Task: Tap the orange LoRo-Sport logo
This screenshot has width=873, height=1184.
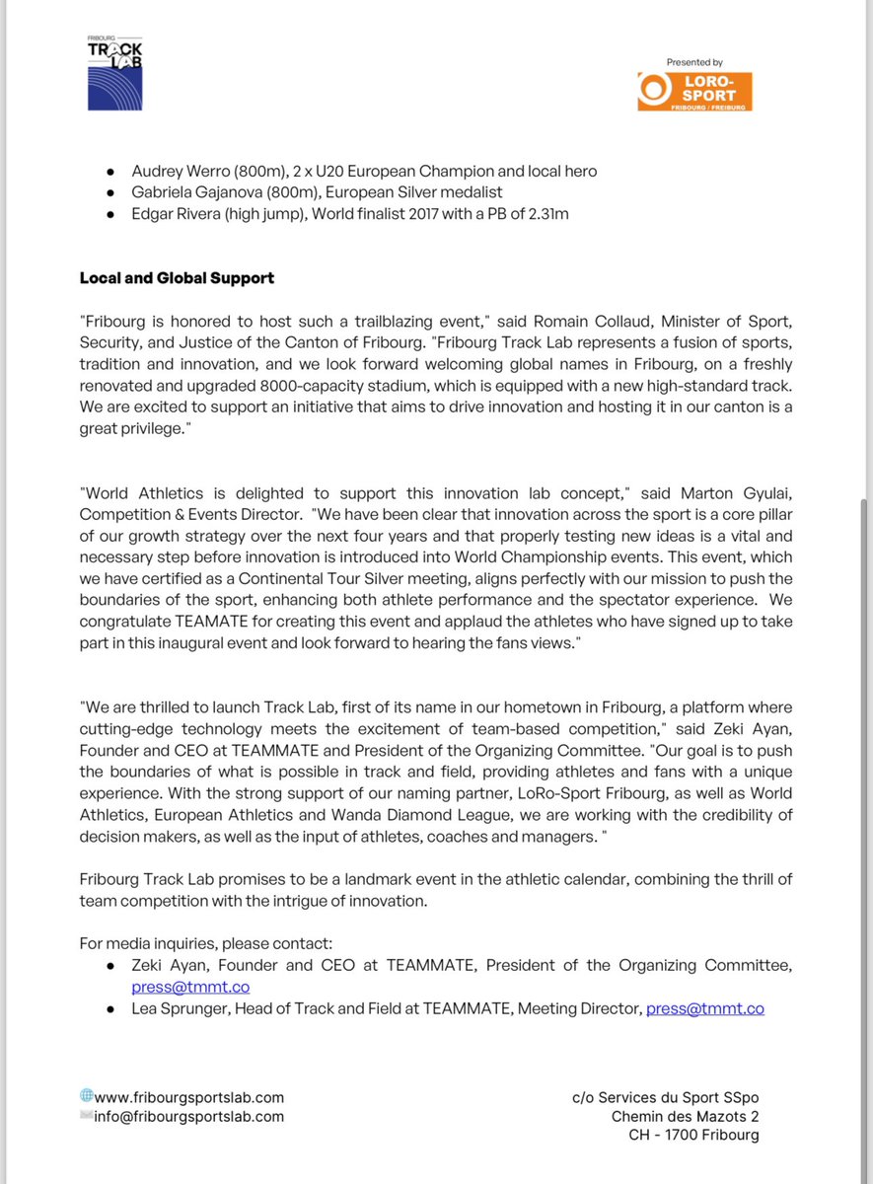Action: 694,91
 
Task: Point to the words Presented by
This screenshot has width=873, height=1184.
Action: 694,62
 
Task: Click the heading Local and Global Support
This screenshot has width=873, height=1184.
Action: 177,278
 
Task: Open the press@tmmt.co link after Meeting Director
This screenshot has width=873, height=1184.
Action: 704,1008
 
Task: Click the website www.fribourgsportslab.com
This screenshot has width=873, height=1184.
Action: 189,1096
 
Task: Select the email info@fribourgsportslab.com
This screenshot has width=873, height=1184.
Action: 188,1117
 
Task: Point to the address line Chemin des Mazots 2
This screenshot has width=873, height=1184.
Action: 685,1116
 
